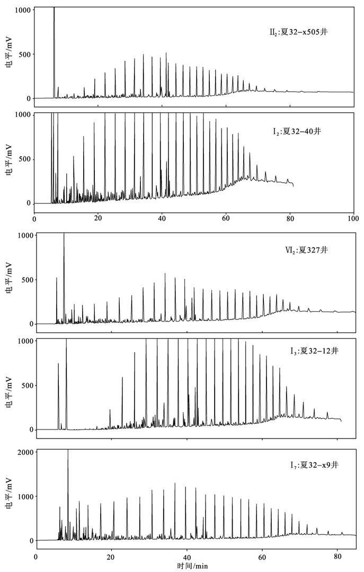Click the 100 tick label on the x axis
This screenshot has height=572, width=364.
pos(353,218)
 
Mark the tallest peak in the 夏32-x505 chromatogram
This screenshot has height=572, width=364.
pos(54,11)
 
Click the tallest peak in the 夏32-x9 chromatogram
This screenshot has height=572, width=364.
pos(68,451)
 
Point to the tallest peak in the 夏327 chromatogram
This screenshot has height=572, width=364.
pos(64,234)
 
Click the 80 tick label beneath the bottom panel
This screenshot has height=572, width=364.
pos(337,558)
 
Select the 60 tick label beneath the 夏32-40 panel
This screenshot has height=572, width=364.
pos(226,218)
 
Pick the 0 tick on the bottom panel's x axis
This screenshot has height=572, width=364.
pos(35,558)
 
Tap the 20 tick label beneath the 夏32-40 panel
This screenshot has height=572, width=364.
pos(98,218)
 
